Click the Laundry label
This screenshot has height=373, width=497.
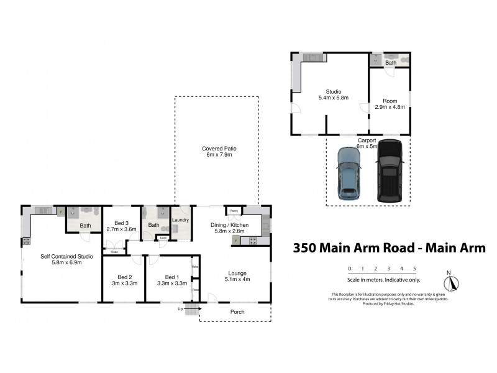point(180,219)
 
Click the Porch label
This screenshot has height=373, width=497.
point(237,311)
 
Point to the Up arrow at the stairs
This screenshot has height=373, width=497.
point(191,308)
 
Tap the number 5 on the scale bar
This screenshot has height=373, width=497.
point(414,269)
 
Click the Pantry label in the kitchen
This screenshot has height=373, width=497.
point(234,211)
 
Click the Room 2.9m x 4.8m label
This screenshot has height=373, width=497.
point(390,104)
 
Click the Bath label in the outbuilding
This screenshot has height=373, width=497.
point(390,63)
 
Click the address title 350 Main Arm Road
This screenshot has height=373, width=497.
point(389,248)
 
